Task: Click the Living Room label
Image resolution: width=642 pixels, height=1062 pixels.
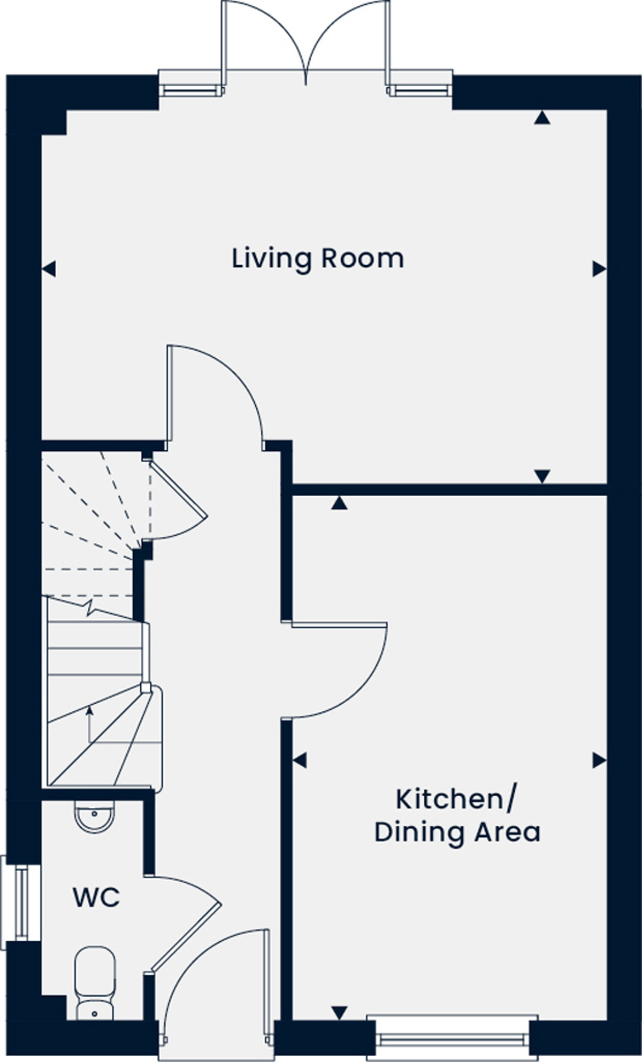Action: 318,259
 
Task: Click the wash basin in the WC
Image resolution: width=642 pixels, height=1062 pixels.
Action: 95,815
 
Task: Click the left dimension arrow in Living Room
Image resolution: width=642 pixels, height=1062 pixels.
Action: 49,268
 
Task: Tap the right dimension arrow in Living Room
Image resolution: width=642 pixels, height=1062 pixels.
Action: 599,268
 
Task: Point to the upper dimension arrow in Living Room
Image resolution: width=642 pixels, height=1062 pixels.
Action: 542,118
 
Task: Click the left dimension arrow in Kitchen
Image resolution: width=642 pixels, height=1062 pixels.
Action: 300,760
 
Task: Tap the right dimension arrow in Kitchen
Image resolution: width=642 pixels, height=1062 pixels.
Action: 599,760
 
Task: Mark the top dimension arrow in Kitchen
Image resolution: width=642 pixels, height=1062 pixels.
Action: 339,503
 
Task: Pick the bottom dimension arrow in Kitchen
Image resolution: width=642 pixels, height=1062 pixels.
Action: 339,1012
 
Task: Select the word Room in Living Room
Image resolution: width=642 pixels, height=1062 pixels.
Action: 362,259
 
